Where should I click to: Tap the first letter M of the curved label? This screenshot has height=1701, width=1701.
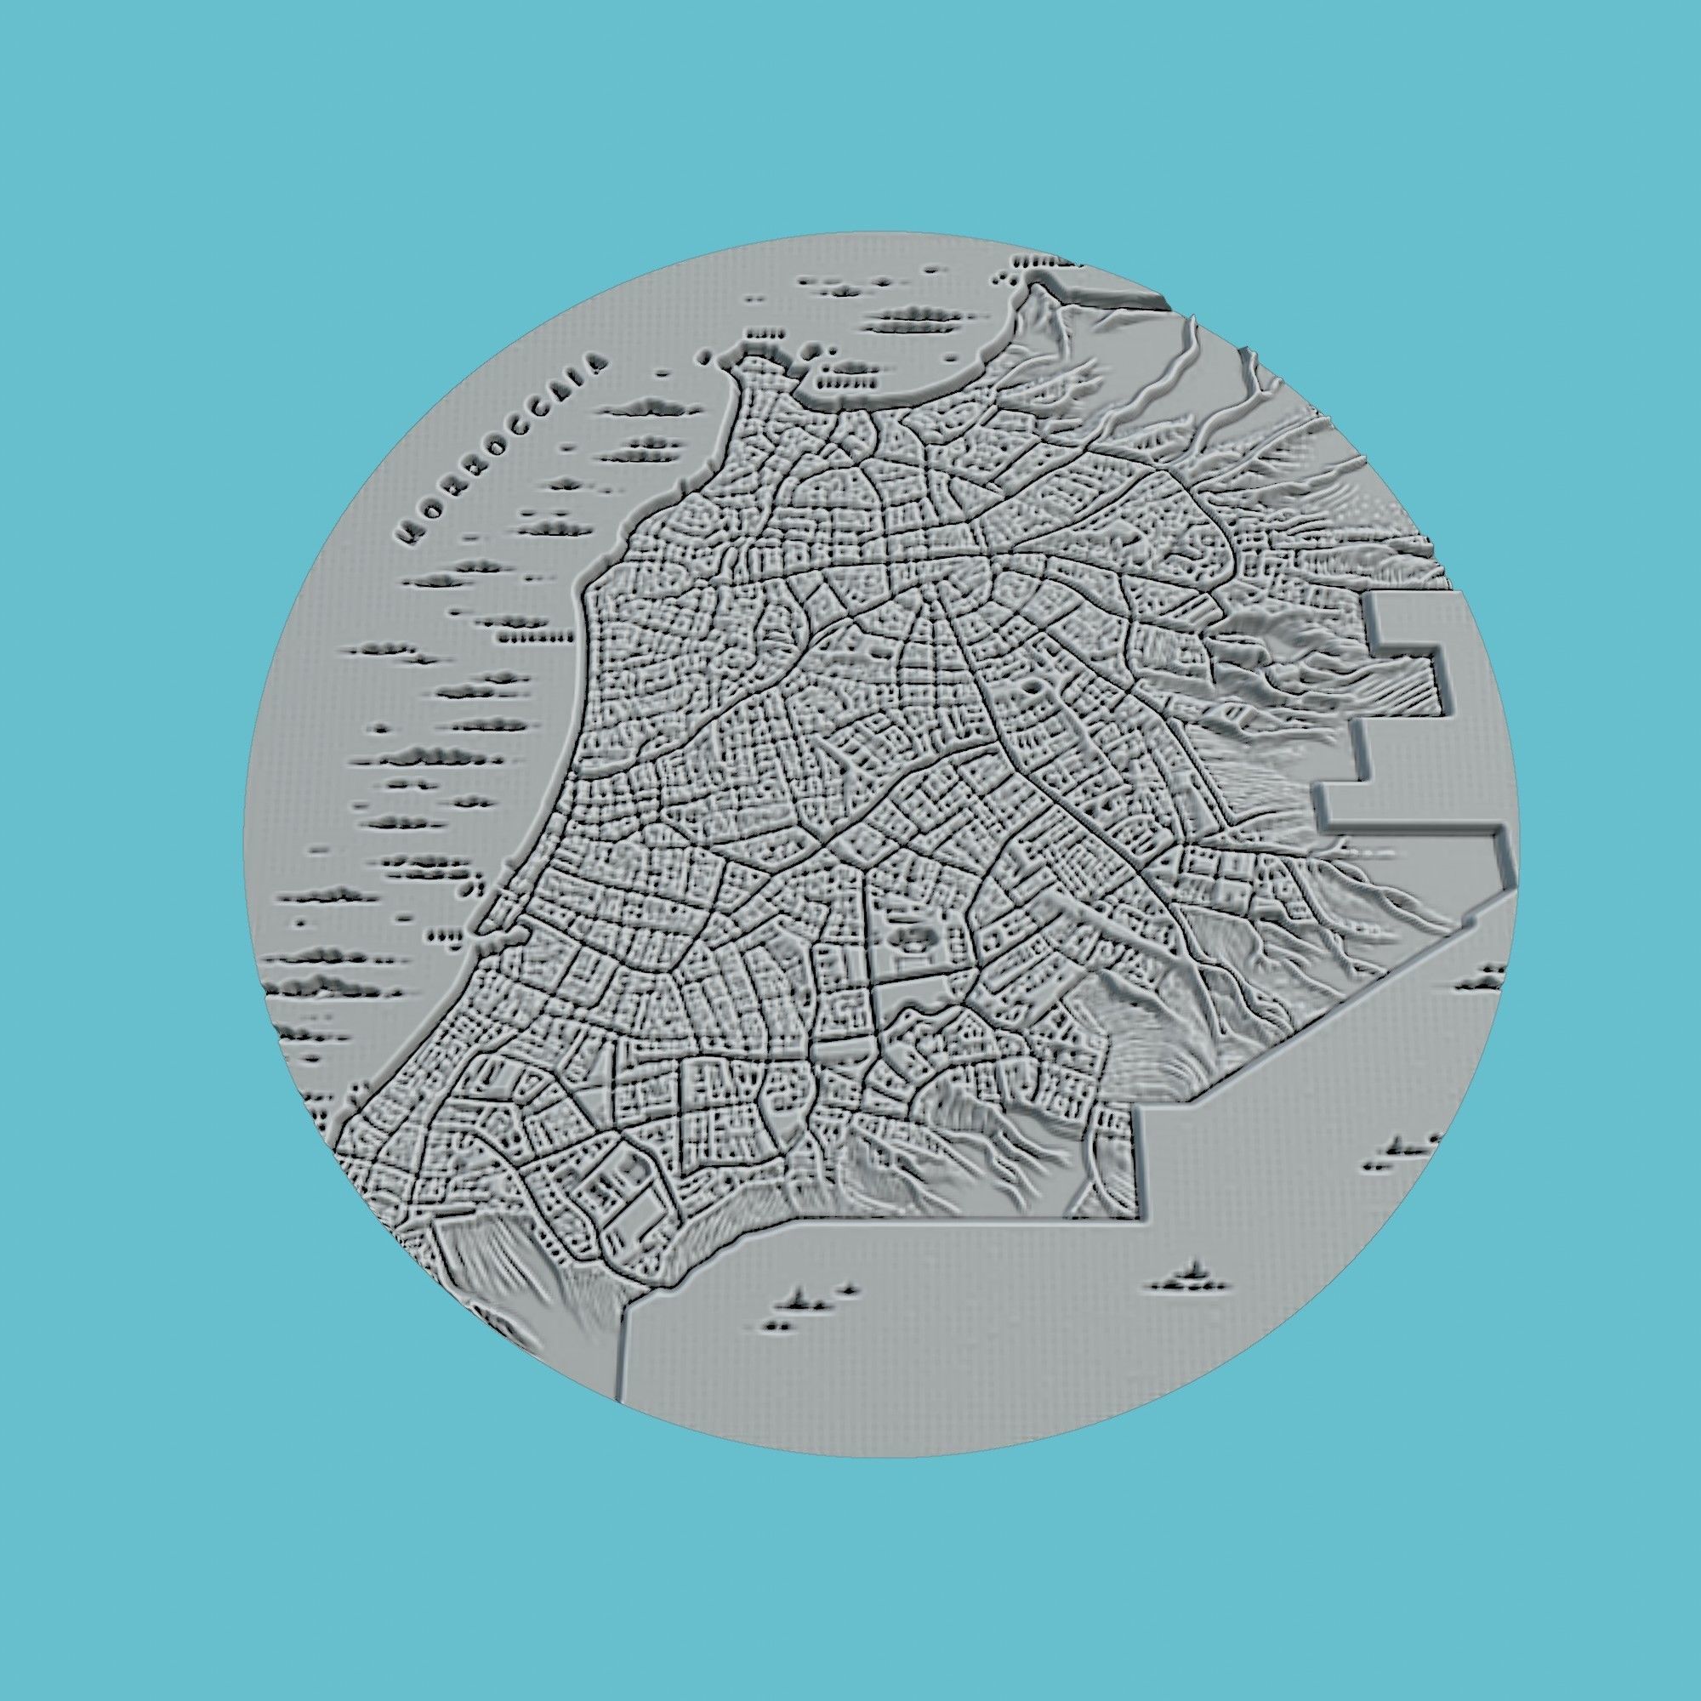408,532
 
